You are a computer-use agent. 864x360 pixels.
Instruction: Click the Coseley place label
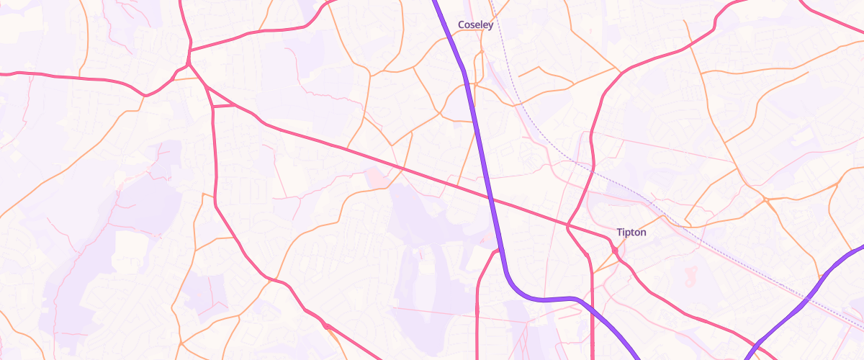coord(476,25)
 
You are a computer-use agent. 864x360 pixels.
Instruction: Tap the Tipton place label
coord(631,233)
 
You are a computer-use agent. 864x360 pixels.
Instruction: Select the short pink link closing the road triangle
coord(225,106)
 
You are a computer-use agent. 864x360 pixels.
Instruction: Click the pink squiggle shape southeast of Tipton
coord(693,274)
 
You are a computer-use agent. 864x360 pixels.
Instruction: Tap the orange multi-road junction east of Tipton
coord(766,199)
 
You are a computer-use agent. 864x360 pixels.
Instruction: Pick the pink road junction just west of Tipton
coord(568,227)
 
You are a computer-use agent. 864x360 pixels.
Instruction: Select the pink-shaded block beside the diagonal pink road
coord(375,177)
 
